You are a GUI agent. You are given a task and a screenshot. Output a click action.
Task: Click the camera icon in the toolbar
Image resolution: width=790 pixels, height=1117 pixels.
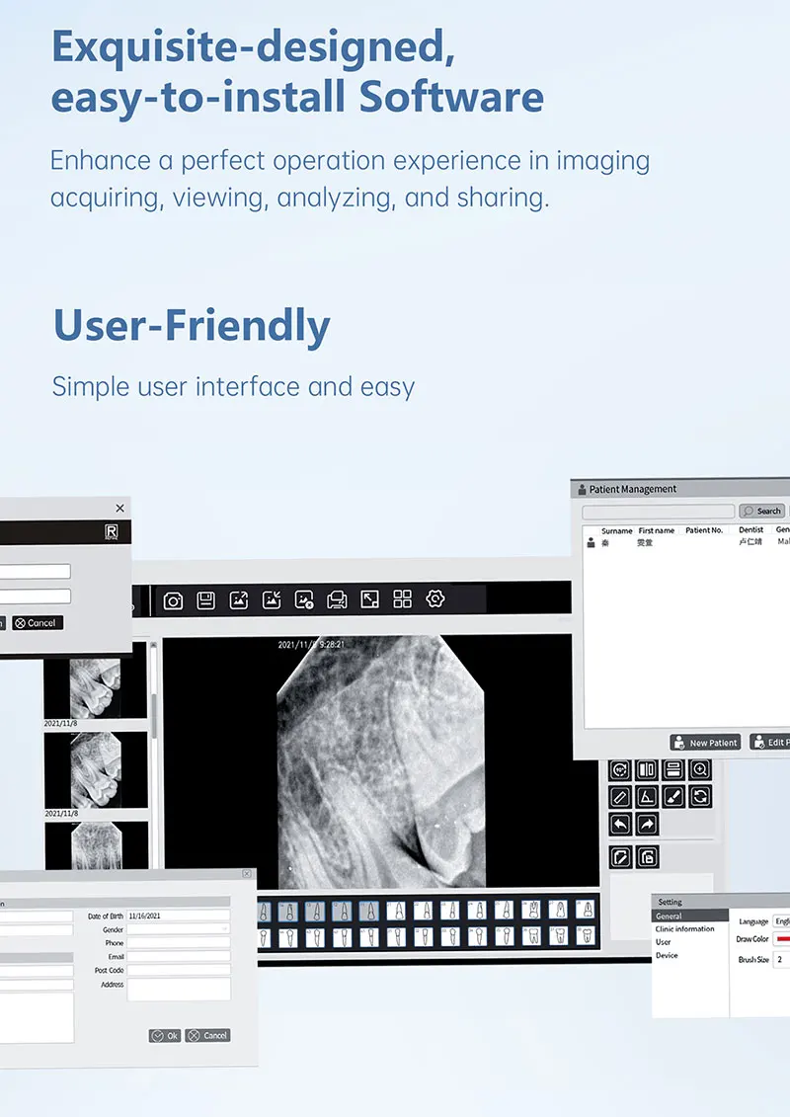coord(173,599)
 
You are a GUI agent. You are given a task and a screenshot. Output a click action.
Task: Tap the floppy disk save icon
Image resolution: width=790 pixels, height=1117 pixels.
coord(205,599)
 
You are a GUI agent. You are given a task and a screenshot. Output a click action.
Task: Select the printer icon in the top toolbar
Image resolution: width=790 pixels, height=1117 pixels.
coord(337,599)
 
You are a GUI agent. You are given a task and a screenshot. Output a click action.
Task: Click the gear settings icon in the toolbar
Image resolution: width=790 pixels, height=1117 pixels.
coord(435,598)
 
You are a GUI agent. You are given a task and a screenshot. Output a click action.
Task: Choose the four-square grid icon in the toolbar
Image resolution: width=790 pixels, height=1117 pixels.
coord(402,599)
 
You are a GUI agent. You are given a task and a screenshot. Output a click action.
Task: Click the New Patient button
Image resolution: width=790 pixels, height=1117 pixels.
coord(705,743)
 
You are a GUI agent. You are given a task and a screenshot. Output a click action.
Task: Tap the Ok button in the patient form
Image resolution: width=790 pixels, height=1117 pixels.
coord(164,1035)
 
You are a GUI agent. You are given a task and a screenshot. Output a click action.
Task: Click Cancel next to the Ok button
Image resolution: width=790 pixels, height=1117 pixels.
coord(207,1035)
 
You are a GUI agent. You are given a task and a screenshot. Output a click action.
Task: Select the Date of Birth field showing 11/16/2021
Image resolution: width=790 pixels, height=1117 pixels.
coord(178,916)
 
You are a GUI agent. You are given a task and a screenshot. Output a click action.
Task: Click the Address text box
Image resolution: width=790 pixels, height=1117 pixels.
coord(178,989)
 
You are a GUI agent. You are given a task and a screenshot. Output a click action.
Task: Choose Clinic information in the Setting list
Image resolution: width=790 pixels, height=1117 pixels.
coord(684,929)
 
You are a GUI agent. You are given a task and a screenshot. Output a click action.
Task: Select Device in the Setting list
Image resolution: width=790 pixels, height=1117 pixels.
coord(667,955)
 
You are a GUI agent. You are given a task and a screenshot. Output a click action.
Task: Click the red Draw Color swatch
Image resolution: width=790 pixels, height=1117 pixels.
coord(782,939)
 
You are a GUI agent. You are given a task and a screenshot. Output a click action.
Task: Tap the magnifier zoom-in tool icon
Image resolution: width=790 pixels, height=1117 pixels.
coord(700,769)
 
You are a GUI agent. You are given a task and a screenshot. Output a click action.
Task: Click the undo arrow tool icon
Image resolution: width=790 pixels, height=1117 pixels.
coord(620,824)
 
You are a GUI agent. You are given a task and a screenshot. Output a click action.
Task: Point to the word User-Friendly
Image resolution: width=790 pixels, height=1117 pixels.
coord(192,327)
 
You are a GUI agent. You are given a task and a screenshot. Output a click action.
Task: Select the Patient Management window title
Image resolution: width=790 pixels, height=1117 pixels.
coord(633,489)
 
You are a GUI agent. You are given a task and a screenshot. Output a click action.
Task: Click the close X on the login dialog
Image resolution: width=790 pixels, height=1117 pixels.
coord(120,508)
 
